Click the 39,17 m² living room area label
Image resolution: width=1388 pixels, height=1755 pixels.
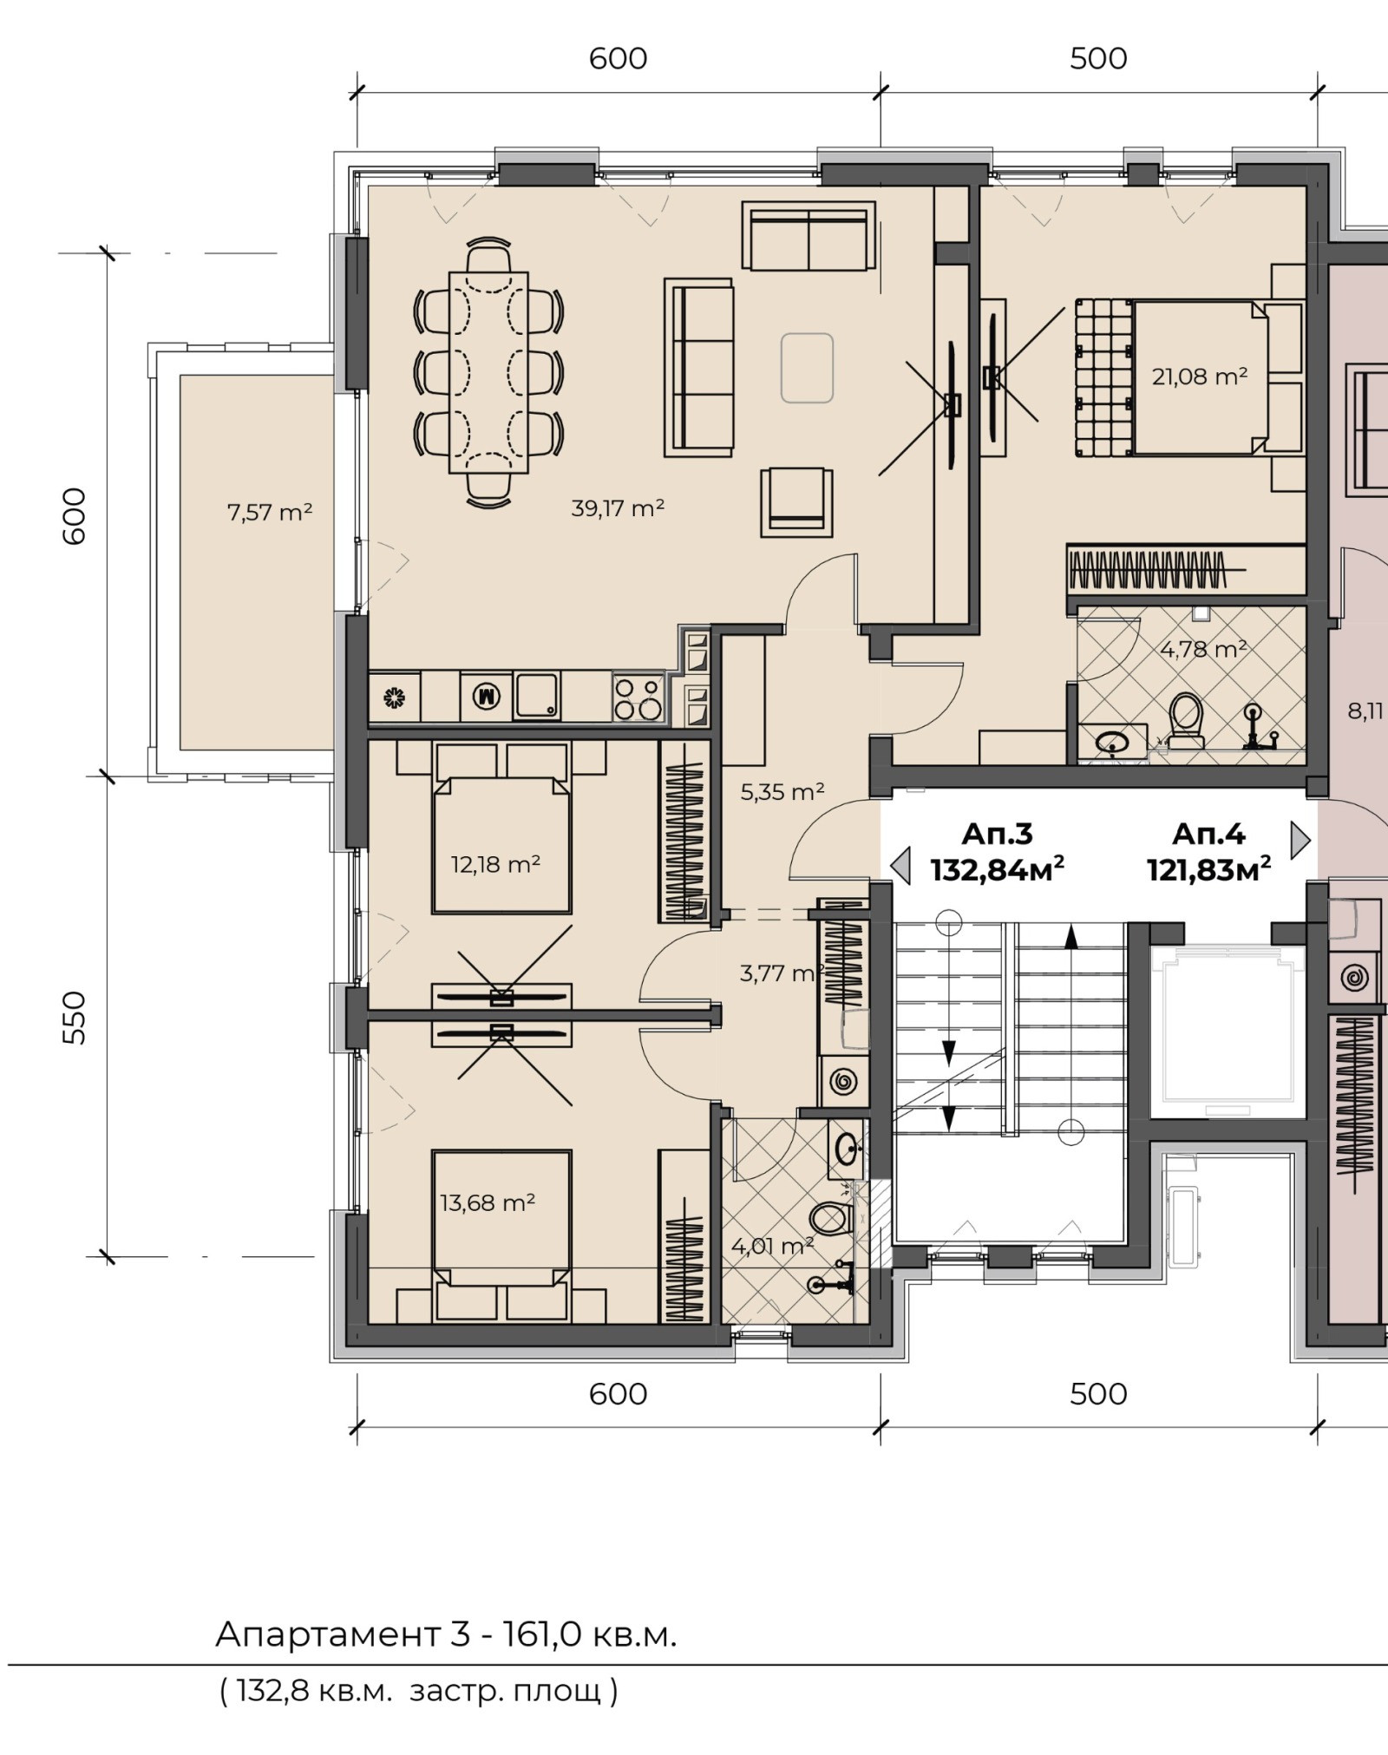(617, 508)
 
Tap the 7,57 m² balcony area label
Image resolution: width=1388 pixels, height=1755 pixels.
(269, 513)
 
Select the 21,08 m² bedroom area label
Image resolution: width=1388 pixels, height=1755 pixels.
(1199, 377)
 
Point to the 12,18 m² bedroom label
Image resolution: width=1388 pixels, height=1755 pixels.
(495, 864)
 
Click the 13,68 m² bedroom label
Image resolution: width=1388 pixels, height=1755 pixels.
(487, 1202)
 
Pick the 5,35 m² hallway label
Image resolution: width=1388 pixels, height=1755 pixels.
(782, 791)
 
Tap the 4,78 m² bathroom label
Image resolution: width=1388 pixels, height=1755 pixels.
(1203, 649)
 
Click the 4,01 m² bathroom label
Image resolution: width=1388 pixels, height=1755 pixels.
(772, 1247)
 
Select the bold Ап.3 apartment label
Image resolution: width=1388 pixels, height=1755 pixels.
(997, 835)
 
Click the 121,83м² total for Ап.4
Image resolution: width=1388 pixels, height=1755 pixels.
(1208, 869)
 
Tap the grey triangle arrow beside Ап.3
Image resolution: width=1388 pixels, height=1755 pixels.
(901, 866)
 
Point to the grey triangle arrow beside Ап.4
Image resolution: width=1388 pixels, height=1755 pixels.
(1300, 840)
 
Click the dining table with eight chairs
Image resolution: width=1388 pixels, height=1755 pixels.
(488, 372)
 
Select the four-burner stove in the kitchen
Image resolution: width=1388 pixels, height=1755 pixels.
(638, 698)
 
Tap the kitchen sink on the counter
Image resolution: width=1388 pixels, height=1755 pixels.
(536, 697)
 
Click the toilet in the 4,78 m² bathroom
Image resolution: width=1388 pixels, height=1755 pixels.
(1185, 720)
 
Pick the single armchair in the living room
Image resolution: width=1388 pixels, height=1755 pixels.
(797, 502)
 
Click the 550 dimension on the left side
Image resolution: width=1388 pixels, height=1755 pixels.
(76, 1017)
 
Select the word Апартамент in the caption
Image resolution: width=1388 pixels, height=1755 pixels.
(328, 1635)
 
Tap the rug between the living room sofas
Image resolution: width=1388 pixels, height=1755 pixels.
(807, 369)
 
